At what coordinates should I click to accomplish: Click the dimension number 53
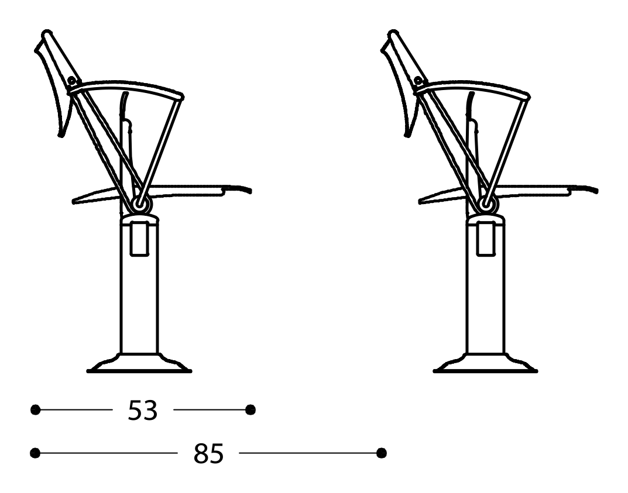click(x=143, y=411)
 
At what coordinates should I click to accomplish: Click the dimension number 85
click(x=209, y=454)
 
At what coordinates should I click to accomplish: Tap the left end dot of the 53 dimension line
click(x=36, y=410)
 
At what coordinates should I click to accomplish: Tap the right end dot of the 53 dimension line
click(x=250, y=410)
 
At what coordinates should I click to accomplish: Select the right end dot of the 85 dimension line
click(x=382, y=453)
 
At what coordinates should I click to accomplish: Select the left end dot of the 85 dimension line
click(x=36, y=453)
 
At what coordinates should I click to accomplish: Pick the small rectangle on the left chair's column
click(x=139, y=238)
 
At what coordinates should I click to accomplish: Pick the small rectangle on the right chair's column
click(x=486, y=238)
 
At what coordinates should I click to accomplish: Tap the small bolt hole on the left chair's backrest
click(x=72, y=81)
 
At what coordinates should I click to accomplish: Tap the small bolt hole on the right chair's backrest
click(x=418, y=81)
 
